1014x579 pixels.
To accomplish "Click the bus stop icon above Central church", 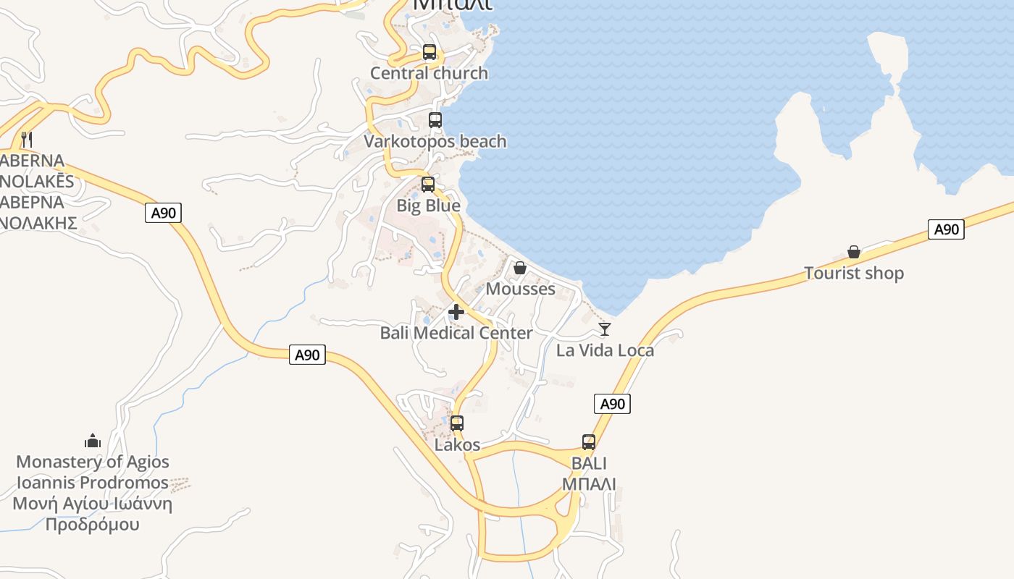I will point(430,52).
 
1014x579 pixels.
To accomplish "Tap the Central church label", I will point(429,73).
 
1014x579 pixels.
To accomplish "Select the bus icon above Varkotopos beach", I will point(435,120).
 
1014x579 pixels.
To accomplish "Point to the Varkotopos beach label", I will point(435,141).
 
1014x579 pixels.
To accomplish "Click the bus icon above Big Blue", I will point(428,185).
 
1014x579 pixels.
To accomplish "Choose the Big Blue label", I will point(428,206).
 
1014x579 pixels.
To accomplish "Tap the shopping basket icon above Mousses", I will point(520,268).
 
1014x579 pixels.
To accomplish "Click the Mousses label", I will point(520,289).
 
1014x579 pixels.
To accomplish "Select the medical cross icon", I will point(456,312).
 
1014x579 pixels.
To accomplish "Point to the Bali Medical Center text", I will point(456,333).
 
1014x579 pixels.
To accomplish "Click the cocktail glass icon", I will point(605,329).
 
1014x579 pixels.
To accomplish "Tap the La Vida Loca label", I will point(605,350).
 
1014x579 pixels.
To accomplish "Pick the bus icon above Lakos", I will point(457,423).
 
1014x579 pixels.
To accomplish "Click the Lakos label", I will point(457,444).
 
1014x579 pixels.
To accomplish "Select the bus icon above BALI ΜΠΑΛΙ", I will point(589,441).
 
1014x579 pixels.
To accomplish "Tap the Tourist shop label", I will point(854,273).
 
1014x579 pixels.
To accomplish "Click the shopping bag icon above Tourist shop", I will point(854,252).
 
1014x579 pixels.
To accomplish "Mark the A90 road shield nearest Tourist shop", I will point(946,229).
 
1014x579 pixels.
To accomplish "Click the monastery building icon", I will point(93,441).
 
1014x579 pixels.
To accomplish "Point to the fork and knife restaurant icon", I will point(27,139).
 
